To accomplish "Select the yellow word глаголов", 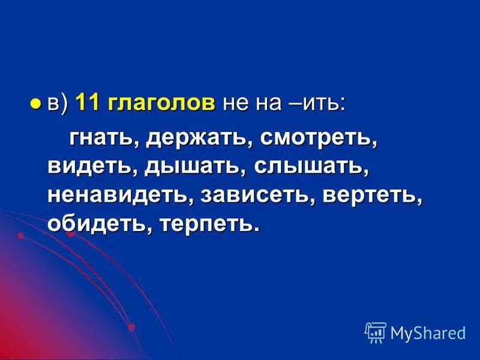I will tap(161, 103).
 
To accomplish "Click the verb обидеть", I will tap(100, 224).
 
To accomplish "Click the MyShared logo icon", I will tap(375, 332).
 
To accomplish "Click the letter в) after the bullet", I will tap(57, 103).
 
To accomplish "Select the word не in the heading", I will tap(234, 103).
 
